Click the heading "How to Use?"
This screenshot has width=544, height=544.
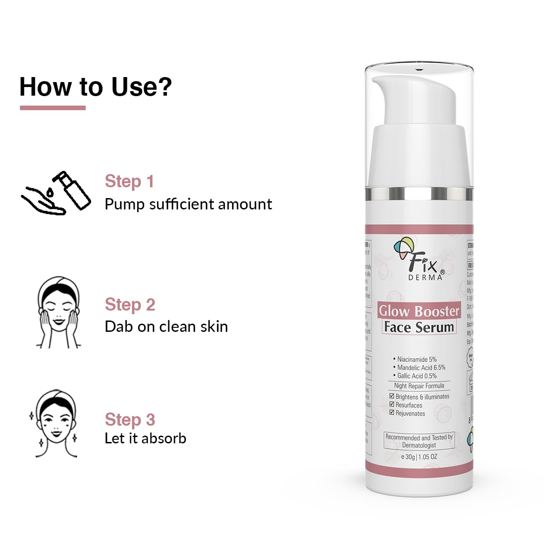[96, 87]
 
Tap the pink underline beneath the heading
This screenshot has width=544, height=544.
[53, 108]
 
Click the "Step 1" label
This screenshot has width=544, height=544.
[129, 181]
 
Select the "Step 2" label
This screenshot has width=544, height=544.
[130, 305]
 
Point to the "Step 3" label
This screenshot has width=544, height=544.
[130, 420]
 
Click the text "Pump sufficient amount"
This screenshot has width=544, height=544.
[188, 204]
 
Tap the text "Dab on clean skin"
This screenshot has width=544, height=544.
[166, 327]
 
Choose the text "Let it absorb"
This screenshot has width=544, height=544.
[145, 438]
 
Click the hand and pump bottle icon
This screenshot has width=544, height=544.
[56, 193]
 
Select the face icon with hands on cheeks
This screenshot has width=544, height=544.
[58, 312]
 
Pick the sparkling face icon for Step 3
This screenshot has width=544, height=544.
[55, 423]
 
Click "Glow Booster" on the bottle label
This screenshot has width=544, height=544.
[419, 311]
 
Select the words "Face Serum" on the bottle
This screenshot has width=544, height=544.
[419, 327]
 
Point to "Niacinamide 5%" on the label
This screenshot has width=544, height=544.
[417, 359]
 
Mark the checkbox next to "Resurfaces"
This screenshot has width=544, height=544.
[392, 404]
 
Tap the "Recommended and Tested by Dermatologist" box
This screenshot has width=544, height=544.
[419, 441]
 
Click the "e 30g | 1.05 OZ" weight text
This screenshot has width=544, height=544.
[419, 457]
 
